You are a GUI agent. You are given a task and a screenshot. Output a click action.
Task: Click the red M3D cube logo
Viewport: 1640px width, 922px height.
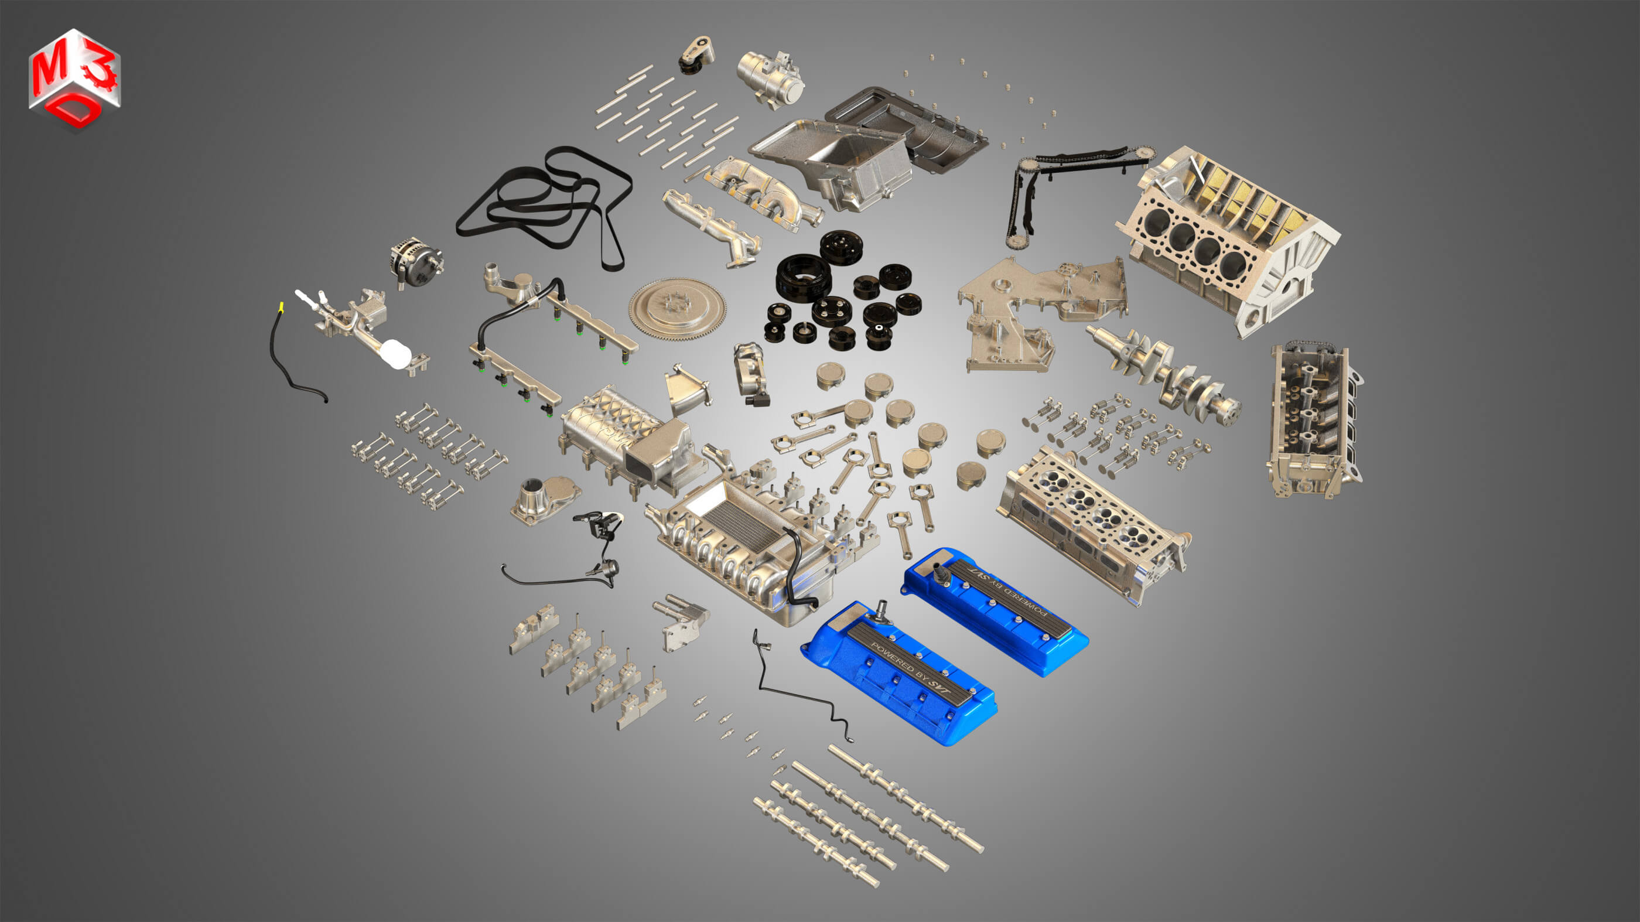(74, 79)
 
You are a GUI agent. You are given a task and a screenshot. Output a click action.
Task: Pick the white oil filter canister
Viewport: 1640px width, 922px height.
(397, 354)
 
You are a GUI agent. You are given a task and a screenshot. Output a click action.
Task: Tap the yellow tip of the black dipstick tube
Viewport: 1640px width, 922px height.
(281, 308)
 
